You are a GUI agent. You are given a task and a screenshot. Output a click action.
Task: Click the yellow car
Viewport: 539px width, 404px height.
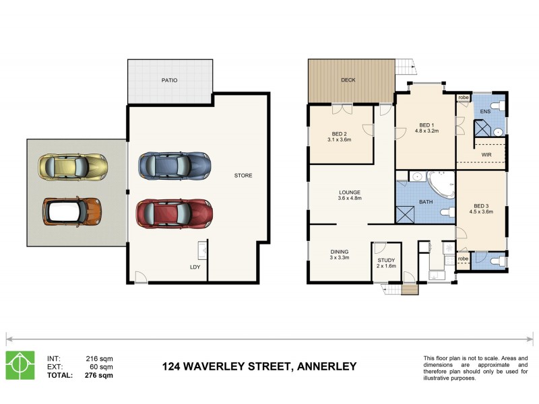[72, 165]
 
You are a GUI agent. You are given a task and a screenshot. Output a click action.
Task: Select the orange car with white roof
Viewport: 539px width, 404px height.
[72, 211]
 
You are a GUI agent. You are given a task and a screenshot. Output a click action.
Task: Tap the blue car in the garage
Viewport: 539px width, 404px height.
[174, 164]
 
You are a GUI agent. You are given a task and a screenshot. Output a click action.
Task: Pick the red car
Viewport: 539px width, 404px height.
[174, 213]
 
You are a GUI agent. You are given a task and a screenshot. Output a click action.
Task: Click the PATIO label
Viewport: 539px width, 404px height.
[169, 79]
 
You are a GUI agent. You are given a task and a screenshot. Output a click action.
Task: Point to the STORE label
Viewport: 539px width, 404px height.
[243, 176]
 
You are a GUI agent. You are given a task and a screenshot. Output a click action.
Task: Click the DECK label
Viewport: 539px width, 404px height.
[348, 79]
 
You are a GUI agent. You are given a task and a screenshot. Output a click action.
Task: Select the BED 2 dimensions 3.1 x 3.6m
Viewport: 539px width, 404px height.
[340, 139]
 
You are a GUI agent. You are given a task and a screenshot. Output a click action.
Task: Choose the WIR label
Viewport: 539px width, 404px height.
[486, 154]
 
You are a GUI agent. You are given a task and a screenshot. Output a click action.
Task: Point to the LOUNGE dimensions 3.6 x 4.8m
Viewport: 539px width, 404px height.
[349, 199]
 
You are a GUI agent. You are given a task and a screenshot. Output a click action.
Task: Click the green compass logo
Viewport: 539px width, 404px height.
[20, 366]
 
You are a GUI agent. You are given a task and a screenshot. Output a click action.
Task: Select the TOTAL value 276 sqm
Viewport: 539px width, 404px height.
[100, 375]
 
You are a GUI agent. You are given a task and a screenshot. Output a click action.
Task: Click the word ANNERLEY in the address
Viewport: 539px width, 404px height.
[325, 367]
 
